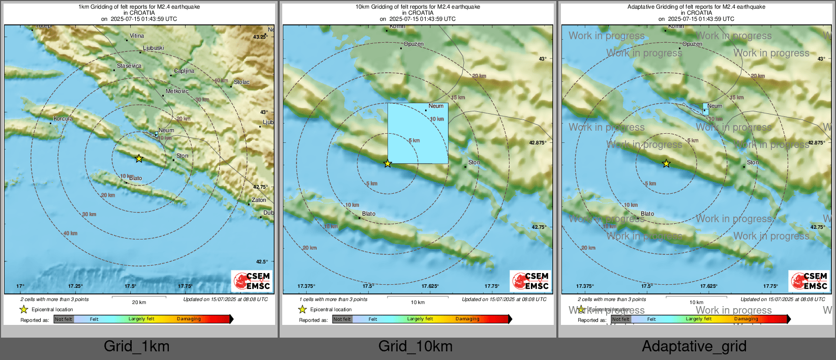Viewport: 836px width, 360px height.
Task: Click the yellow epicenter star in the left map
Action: tap(139, 159)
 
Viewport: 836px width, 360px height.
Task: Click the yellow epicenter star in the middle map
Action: tap(387, 164)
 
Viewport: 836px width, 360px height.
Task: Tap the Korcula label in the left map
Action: tap(63, 119)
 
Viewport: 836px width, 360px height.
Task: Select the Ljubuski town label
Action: tap(154, 48)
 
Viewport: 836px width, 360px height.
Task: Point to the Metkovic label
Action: tap(177, 92)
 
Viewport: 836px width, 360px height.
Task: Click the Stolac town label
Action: tap(242, 82)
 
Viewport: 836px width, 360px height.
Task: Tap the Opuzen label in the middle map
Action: tap(413, 44)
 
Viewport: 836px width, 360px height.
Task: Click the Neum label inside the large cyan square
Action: tap(436, 106)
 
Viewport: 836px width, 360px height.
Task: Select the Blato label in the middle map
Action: tap(369, 214)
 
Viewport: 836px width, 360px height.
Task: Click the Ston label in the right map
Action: tap(753, 163)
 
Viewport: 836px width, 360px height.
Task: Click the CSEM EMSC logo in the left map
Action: tap(252, 281)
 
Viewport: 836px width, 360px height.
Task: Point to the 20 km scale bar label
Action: tap(139, 303)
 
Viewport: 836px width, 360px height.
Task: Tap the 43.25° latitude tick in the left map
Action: tap(259, 37)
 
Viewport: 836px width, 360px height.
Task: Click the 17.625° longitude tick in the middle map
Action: tap(430, 286)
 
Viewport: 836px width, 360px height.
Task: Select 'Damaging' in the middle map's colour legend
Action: tap(467, 319)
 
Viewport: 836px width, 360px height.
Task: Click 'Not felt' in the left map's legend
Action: tap(64, 319)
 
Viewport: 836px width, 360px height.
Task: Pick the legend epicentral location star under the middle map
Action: tap(302, 309)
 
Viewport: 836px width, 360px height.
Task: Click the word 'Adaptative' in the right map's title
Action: tap(642, 7)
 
